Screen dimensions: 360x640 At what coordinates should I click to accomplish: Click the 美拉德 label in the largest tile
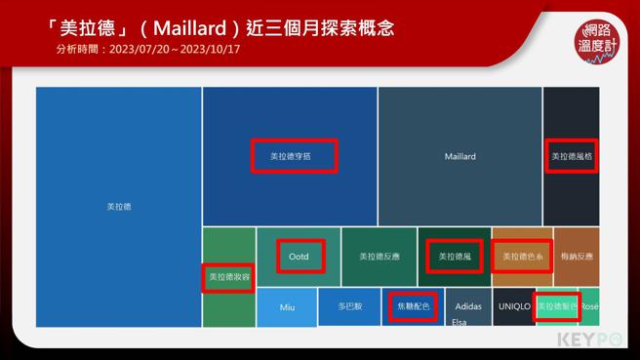click(119, 207)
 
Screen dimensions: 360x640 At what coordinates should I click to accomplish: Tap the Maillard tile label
click(460, 156)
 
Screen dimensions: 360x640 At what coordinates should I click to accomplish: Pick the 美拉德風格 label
click(572, 156)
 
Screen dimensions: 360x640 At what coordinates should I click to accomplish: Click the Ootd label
click(300, 257)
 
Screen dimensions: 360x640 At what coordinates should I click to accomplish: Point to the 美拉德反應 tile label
click(380, 257)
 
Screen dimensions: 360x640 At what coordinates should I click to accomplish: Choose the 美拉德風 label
click(455, 257)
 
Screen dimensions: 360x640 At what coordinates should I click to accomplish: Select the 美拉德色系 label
click(522, 257)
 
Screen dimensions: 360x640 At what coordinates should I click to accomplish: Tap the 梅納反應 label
click(577, 257)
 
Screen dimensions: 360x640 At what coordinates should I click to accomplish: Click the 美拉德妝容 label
click(227, 278)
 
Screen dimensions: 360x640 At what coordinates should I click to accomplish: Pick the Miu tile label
click(287, 307)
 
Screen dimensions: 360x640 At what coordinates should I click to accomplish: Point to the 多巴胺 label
click(350, 306)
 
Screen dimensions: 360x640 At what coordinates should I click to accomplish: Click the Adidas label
click(468, 306)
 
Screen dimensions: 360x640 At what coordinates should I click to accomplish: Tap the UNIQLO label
click(514, 306)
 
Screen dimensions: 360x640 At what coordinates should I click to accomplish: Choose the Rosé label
click(589, 306)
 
